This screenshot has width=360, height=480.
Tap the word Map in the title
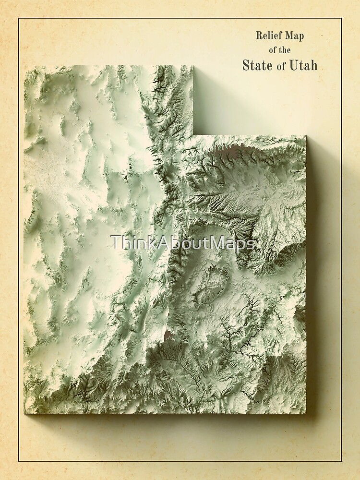[x=293, y=35]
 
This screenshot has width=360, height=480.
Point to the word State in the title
[x=258, y=65]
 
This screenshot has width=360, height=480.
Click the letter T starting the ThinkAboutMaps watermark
[x=115, y=243]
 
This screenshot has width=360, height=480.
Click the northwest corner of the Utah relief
[x=24, y=66]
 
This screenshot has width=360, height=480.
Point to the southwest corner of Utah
[x=24, y=413]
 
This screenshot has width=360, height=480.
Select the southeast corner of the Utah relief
[x=306, y=413]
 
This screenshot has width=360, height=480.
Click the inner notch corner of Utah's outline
[x=193, y=135]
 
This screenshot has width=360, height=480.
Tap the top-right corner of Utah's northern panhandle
[x=193, y=66]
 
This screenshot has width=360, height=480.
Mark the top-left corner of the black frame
[x=19, y=19]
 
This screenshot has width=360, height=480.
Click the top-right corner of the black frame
[x=341, y=19]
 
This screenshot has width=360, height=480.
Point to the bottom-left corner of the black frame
[x=19, y=461]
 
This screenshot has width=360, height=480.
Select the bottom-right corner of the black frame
[x=341, y=461]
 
